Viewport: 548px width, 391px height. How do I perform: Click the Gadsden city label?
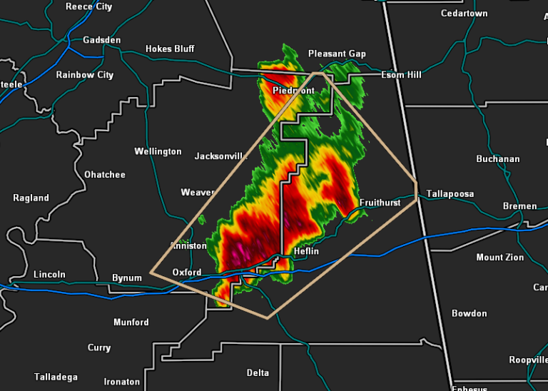[101, 40]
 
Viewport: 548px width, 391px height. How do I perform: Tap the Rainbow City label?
[84, 75]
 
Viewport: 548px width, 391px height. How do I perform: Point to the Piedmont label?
[293, 91]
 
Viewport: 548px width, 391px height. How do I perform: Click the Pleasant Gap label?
[337, 54]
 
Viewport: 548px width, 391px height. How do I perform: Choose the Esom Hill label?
[402, 75]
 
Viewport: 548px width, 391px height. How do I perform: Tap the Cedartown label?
[464, 14]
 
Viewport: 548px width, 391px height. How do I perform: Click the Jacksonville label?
[220, 156]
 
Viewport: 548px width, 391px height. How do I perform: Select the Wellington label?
[158, 151]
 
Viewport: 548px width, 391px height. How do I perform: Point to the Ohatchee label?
[104, 175]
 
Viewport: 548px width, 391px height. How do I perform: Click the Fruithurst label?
[380, 203]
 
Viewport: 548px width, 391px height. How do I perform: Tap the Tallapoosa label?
[450, 194]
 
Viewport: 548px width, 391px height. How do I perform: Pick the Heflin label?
[305, 251]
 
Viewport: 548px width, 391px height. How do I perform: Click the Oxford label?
[187, 273]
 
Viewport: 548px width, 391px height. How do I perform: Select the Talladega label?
[56, 377]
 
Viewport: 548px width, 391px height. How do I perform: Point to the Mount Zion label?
[499, 258]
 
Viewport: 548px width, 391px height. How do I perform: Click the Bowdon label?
[469, 313]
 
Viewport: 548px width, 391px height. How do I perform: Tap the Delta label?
[258, 373]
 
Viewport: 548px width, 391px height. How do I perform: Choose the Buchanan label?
[498, 159]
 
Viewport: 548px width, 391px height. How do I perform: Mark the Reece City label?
[88, 6]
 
